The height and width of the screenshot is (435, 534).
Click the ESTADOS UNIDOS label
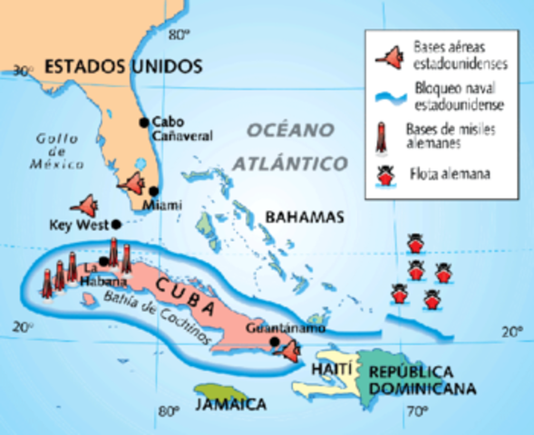coord(121,66)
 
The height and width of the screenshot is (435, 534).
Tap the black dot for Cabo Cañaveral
coord(143,121)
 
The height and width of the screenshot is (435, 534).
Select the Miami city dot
coord(154,191)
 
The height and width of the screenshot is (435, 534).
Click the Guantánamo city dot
coord(275,342)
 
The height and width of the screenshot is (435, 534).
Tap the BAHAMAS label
coord(305,217)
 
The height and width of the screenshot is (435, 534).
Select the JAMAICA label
coord(229,403)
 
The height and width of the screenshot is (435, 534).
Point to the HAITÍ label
coord(325,370)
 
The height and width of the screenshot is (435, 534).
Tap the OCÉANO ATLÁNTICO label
coord(288,147)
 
